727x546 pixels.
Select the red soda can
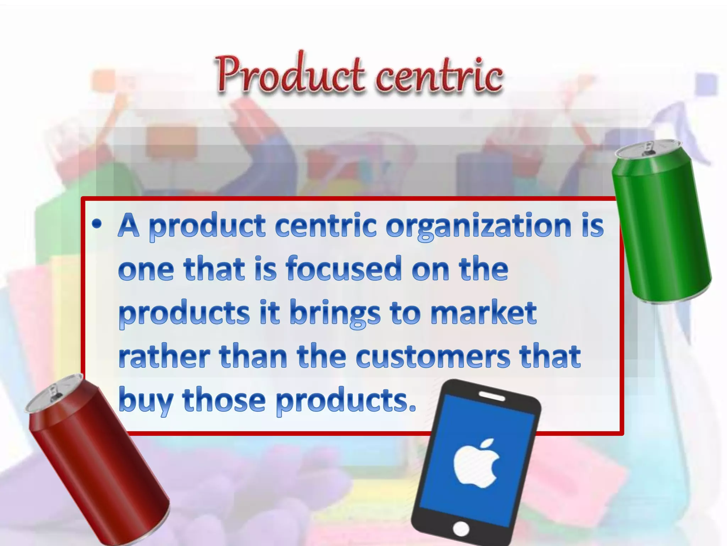(98, 462)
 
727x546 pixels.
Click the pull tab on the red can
(53, 392)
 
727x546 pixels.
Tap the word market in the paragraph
(483, 313)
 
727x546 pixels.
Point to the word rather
(164, 357)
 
